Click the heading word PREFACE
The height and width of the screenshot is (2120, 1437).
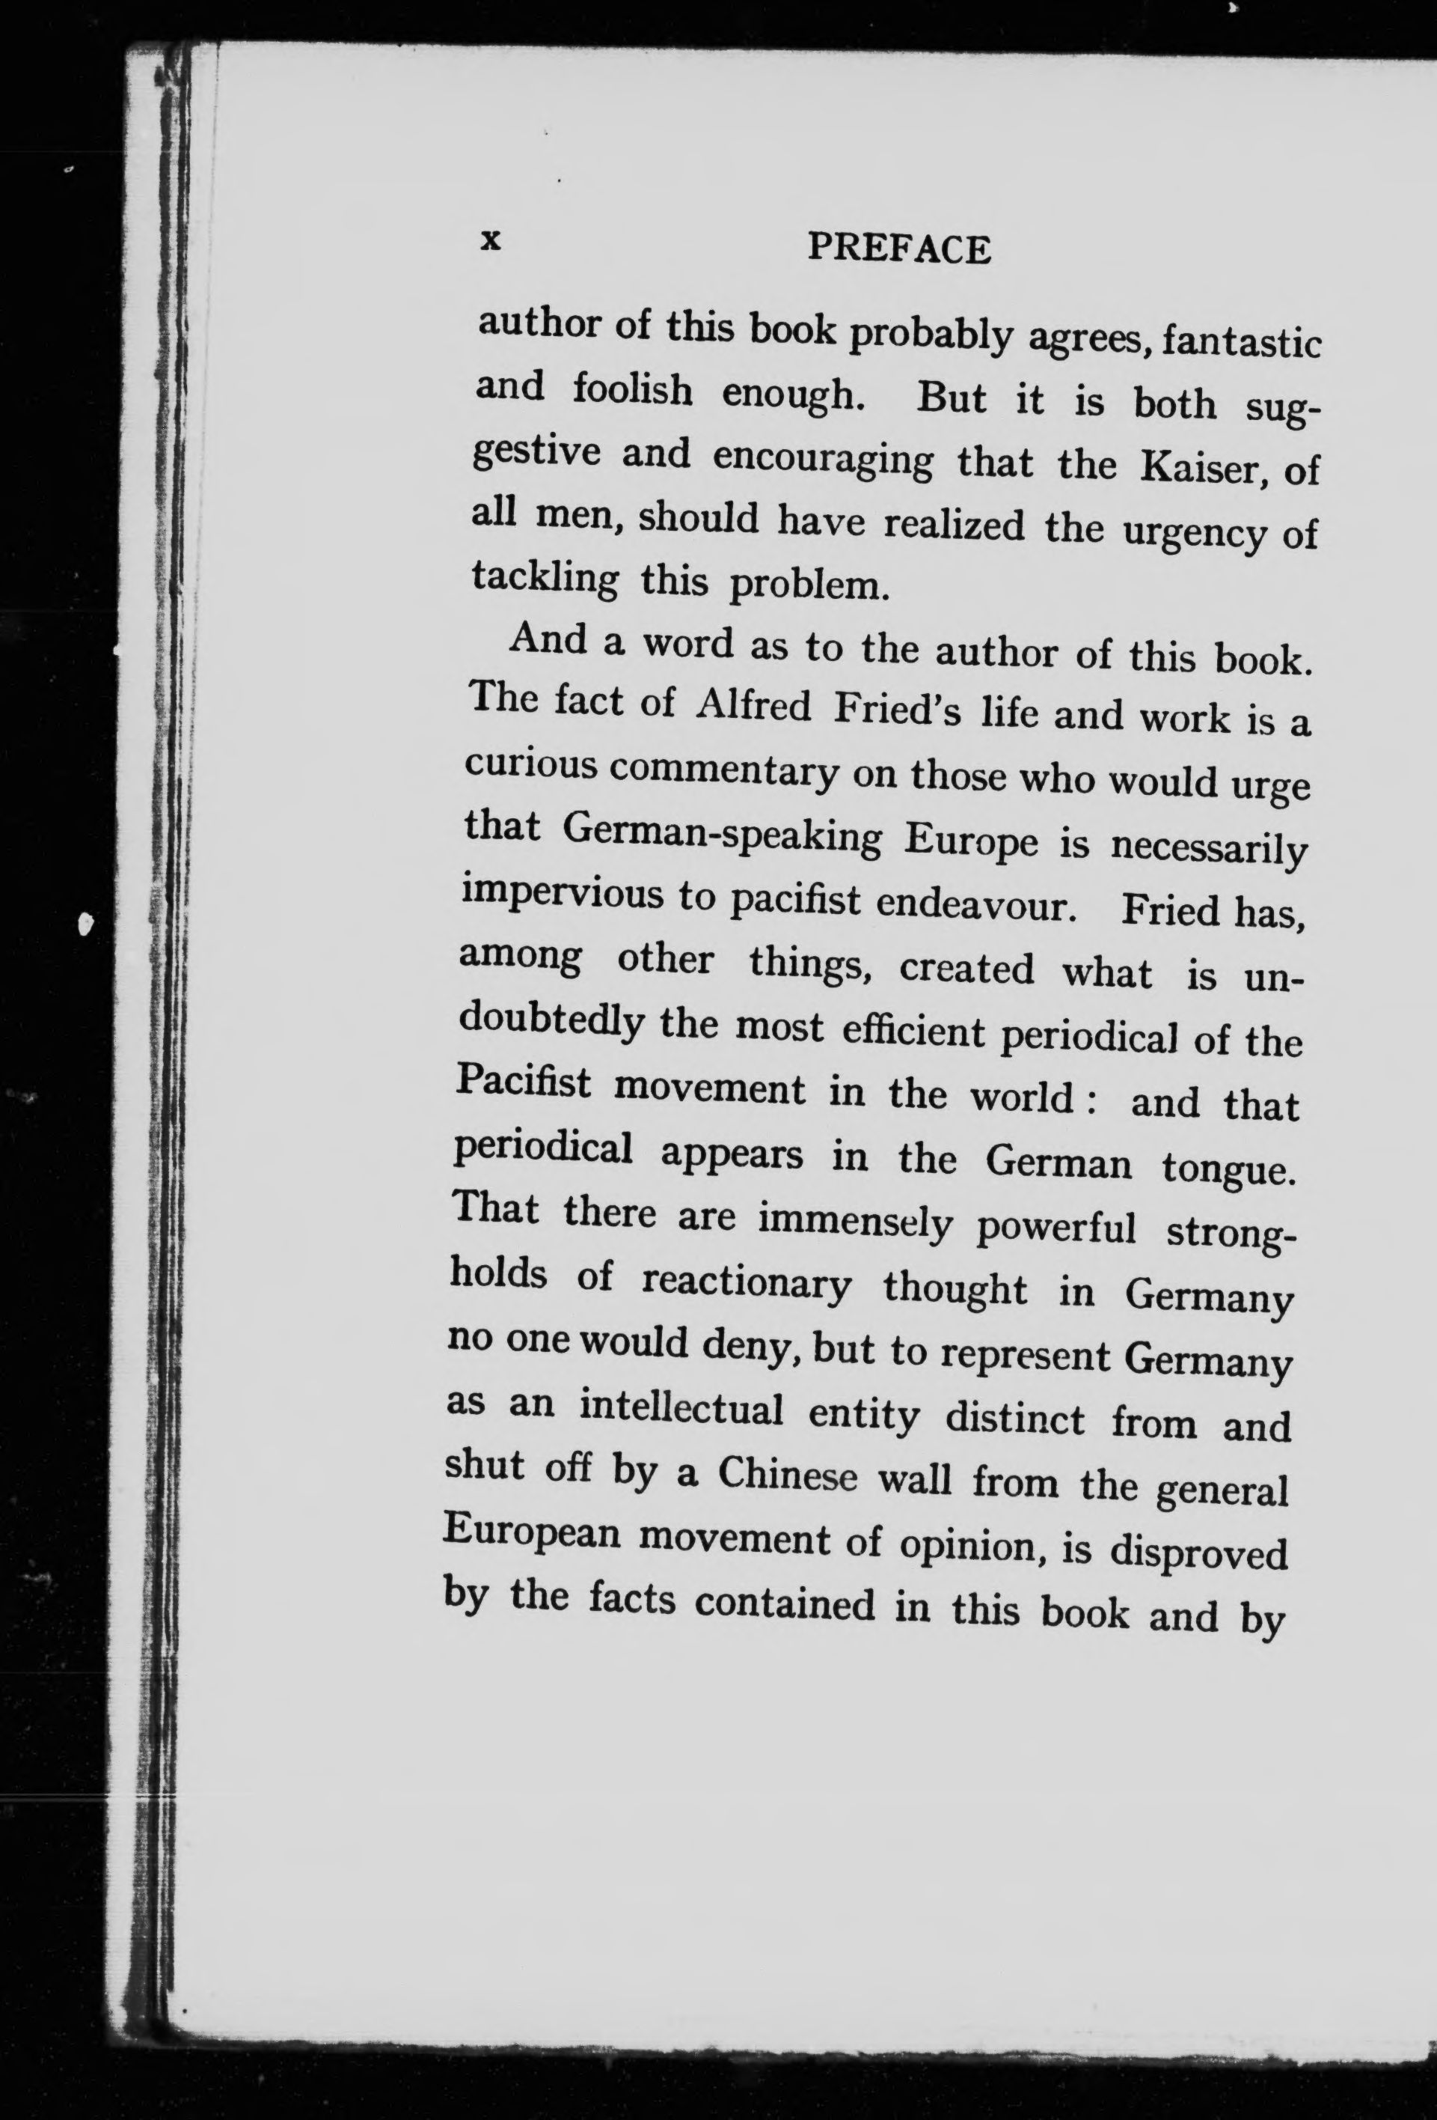[898, 249]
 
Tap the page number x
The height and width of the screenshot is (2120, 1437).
[491, 240]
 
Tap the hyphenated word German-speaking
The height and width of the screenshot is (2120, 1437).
[721, 835]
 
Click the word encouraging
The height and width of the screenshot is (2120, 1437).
[822, 459]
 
